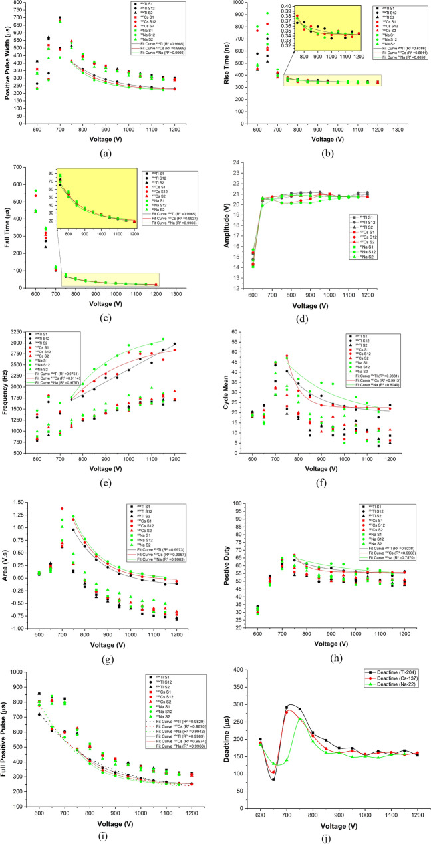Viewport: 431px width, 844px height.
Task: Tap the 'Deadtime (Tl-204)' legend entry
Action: (390, 677)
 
